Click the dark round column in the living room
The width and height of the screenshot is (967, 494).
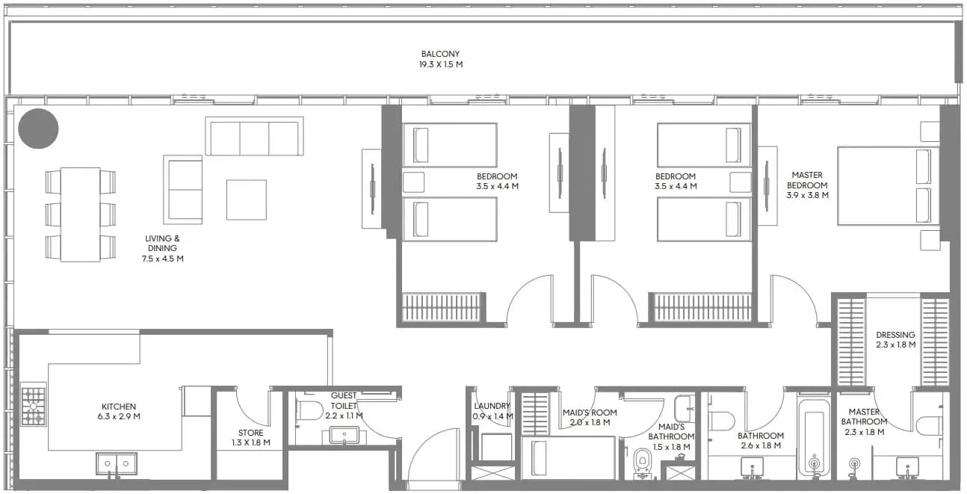coord(38,129)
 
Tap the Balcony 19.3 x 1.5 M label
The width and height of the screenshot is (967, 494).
coord(441,59)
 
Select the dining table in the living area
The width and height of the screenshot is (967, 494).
coord(80,214)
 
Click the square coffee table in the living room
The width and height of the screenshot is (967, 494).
coord(247,200)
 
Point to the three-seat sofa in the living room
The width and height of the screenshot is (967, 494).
coord(254,136)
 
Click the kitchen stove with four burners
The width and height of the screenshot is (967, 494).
coord(33,407)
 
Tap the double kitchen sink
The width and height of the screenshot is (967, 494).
coord(117,464)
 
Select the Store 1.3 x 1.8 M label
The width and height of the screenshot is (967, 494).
coord(251,437)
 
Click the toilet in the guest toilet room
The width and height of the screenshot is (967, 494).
coord(309,410)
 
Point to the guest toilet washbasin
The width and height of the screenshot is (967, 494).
coord(344,435)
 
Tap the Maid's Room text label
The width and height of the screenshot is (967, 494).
coord(590,417)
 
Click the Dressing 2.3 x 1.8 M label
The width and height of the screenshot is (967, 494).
coord(896,339)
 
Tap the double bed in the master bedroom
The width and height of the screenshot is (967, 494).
coord(889,185)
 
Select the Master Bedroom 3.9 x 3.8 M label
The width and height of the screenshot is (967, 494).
coord(807,185)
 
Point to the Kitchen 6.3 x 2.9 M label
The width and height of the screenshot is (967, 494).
coord(119,412)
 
